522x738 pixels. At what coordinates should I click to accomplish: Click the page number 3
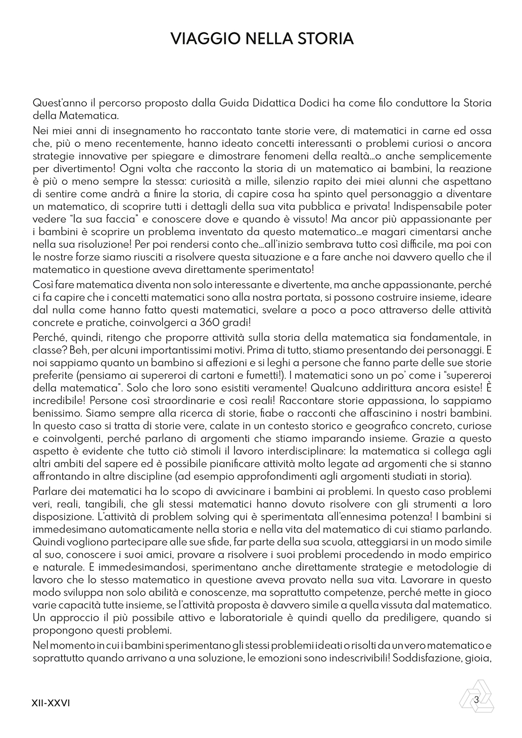point(476,699)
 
